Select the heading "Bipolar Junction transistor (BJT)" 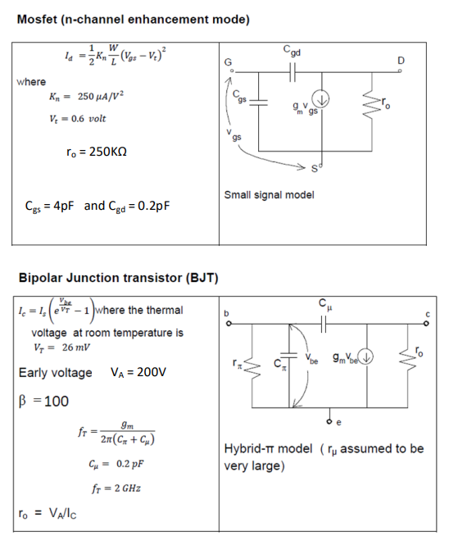tap(117, 277)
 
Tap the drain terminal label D tap(401, 61)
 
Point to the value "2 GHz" tap(121, 489)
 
